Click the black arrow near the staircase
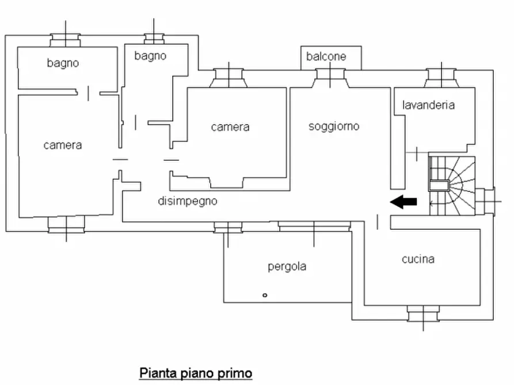pos(403,201)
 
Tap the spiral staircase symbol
pos(452,184)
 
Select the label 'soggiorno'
pos(334,126)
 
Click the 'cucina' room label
pos(418,259)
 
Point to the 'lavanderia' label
pos(429,105)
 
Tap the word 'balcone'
pos(326,56)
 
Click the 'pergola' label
pos(287,266)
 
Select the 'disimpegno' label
pos(188,201)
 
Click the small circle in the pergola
pos(265,295)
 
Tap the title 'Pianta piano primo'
pos(196,373)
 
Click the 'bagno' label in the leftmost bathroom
pos(63,63)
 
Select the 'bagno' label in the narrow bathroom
pos(150,56)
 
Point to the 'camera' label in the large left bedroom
pos(63,145)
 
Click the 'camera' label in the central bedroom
pos(230,127)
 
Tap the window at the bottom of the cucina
pos(424,314)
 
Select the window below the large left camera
pos(66,225)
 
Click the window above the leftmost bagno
pos(65,40)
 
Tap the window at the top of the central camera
pos(229,78)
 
